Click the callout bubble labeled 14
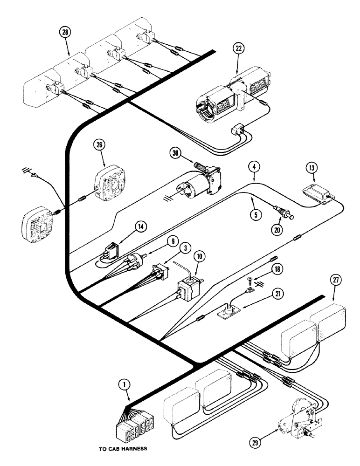tap(140, 226)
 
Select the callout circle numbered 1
tap(130, 385)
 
